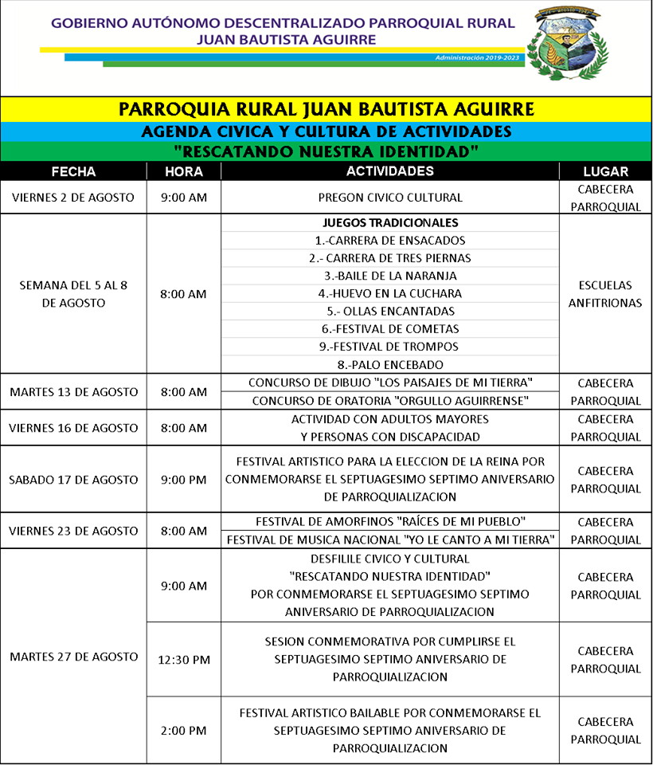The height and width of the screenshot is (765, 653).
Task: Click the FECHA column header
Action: (73, 171)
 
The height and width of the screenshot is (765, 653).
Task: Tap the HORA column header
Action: (183, 171)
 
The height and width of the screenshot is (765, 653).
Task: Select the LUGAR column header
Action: (605, 171)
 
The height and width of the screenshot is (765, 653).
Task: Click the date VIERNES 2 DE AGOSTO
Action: (73, 198)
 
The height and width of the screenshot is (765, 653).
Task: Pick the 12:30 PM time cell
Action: (183, 660)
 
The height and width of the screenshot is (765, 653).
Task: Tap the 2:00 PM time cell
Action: (183, 731)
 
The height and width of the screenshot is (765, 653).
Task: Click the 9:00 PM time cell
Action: (183, 480)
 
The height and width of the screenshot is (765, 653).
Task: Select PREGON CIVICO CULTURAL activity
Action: (390, 198)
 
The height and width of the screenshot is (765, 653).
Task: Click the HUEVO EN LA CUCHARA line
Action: (390, 293)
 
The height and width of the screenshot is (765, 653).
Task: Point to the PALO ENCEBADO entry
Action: (390, 364)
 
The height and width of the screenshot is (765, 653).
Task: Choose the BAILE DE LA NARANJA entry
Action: (390, 276)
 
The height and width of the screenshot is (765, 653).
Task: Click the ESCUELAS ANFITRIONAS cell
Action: (605, 294)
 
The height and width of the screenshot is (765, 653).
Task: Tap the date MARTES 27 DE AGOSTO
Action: (73, 657)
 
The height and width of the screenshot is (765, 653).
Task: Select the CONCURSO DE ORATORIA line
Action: (390, 401)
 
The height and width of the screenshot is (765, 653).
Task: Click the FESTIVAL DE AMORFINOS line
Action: (390, 522)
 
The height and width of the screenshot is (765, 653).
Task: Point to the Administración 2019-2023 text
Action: (478, 58)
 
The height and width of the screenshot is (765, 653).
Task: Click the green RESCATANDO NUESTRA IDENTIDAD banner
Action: (326, 151)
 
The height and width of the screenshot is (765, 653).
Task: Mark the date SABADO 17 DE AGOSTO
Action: (73, 480)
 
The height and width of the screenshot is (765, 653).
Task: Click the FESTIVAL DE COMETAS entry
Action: (390, 328)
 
